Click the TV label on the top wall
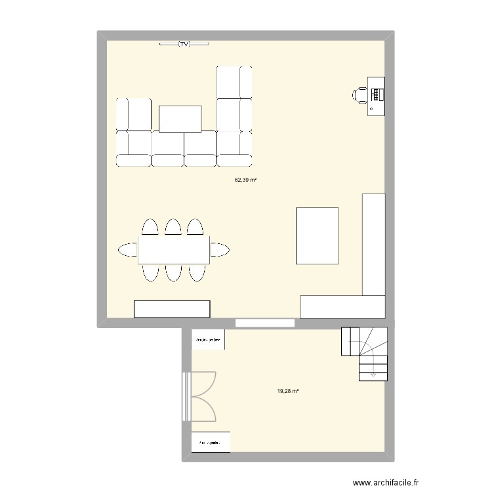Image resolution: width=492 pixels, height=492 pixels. coord(184,44)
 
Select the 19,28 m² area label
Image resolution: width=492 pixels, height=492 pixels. coord(288,391)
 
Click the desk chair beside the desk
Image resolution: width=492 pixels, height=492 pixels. coord(360,95)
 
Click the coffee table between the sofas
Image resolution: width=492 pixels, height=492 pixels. coord(180,119)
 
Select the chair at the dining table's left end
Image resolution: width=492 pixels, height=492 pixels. coord(129,249)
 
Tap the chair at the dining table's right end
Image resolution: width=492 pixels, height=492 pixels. coord(219,249)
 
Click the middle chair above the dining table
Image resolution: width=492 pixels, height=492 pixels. coord(173,227)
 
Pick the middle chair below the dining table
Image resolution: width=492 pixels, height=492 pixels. coord(173,272)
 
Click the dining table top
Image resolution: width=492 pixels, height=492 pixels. coord(173,249)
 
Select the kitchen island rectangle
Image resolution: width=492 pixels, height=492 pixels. coord(318,236)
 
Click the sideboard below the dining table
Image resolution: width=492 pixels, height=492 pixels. coord(172,309)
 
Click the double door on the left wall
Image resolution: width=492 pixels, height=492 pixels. coord(200,396)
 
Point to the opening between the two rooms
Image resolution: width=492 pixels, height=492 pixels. coord(265,323)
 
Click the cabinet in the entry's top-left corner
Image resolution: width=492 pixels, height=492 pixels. coord(208,340)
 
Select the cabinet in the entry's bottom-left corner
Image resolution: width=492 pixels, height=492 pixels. coord(211,442)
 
